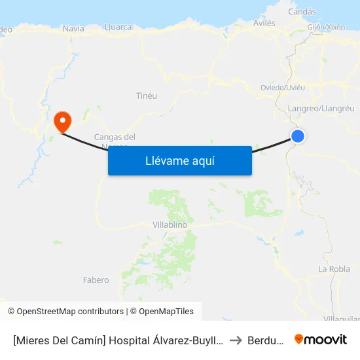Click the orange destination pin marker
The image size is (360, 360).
click(x=63, y=121)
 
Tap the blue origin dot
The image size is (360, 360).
click(x=298, y=136)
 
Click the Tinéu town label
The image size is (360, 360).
click(x=146, y=96)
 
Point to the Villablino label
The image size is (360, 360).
click(x=170, y=225)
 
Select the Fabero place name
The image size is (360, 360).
click(x=96, y=280)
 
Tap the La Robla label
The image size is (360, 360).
click(x=334, y=269)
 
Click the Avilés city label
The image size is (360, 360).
click(x=264, y=23)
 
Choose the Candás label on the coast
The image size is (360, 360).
click(x=302, y=12)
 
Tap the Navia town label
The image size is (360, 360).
click(x=73, y=28)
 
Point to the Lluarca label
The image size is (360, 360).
click(x=118, y=27)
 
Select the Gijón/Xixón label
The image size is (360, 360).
click(x=325, y=27)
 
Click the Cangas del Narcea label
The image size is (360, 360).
click(x=115, y=137)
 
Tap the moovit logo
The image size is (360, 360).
click(x=320, y=339)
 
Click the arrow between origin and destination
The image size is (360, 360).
click(x=236, y=340)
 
